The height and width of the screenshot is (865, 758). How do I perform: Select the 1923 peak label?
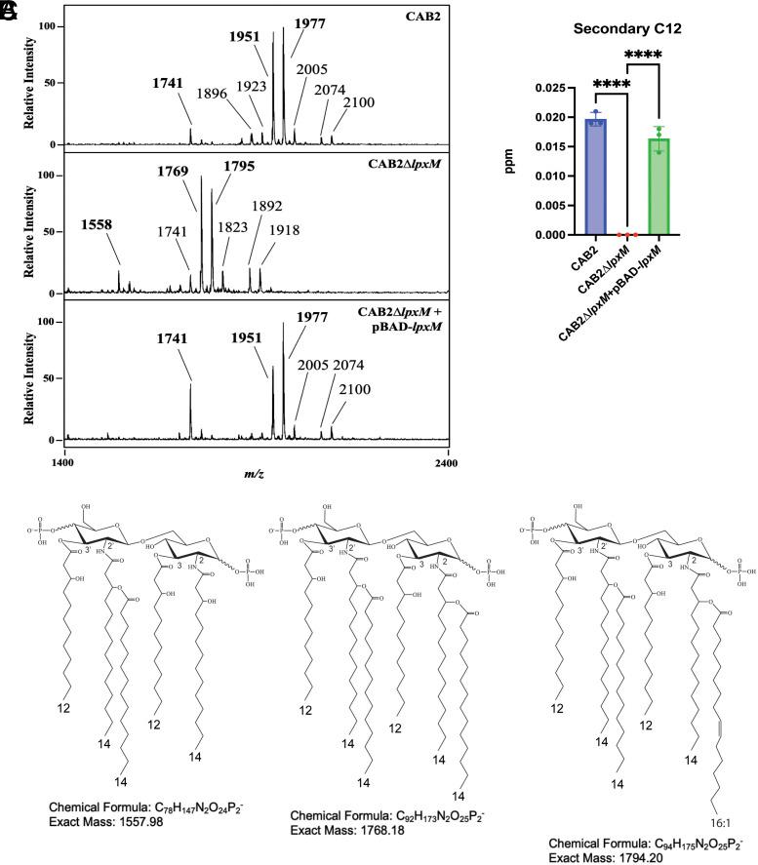tap(252, 85)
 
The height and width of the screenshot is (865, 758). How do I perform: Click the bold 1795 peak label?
tap(235, 166)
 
